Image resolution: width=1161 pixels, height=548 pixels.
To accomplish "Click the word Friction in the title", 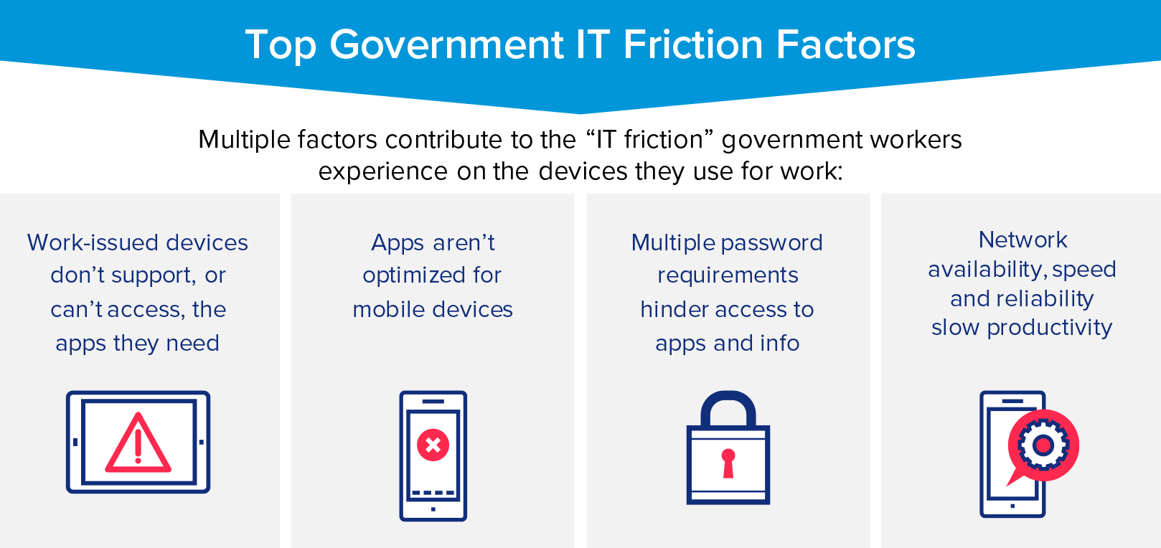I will pyautogui.click(x=693, y=45).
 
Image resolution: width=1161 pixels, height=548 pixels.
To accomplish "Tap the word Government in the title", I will pyautogui.click(x=446, y=45).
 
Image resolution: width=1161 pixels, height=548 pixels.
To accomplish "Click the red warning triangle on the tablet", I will pyautogui.click(x=138, y=445).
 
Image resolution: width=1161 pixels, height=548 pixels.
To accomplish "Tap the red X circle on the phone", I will pyautogui.click(x=433, y=445).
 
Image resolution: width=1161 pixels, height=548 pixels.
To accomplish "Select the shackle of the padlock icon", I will pyautogui.click(x=728, y=409).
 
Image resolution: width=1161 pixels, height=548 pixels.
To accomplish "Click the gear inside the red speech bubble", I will pyautogui.click(x=1043, y=445).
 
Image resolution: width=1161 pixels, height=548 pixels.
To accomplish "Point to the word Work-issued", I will pyautogui.click(x=93, y=242).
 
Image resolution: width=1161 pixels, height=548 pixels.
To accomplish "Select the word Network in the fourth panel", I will pyautogui.click(x=1023, y=240).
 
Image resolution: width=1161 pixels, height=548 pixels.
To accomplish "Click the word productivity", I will pyautogui.click(x=1049, y=328).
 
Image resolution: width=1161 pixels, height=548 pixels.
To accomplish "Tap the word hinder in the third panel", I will pyautogui.click(x=672, y=309).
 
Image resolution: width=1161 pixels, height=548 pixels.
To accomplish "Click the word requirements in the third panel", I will pyautogui.click(x=728, y=275).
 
